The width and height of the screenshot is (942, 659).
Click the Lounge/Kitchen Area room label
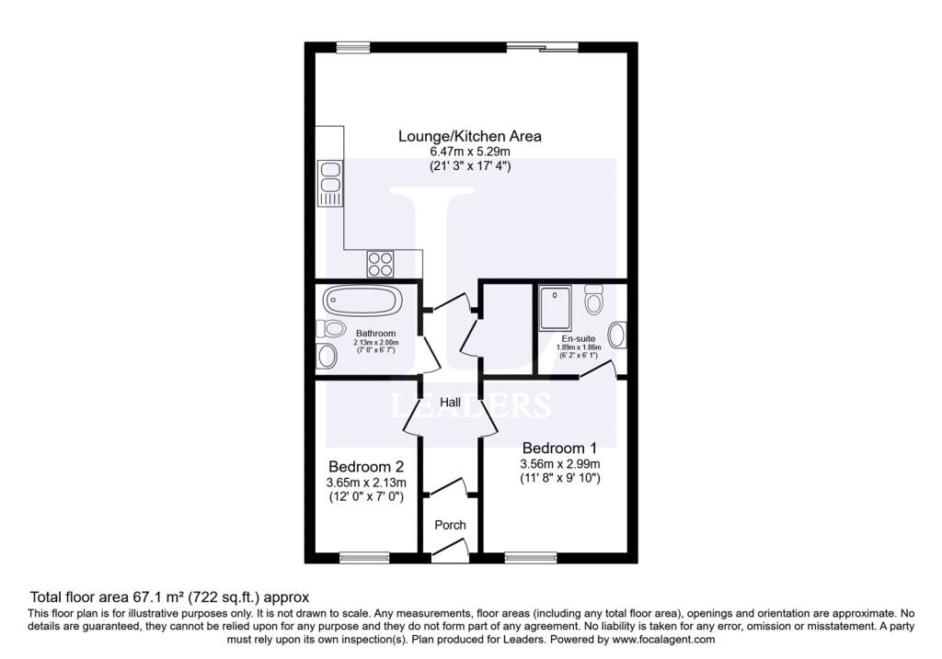(x=470, y=136)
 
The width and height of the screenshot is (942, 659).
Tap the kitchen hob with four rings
(x=380, y=264)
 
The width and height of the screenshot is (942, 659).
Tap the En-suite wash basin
(x=617, y=335)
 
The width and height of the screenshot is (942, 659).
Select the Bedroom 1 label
(x=559, y=448)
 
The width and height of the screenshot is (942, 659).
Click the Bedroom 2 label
(x=366, y=466)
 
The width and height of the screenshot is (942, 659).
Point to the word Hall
(x=450, y=403)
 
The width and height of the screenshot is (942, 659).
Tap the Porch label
(x=450, y=525)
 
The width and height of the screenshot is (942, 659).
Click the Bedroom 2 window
(x=364, y=558)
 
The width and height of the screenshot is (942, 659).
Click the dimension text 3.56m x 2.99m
(x=560, y=464)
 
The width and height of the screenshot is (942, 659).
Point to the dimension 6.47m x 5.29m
(x=470, y=152)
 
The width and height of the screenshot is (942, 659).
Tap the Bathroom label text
(x=376, y=333)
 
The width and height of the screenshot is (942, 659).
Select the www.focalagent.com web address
(x=664, y=639)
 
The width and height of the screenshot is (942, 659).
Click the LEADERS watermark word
(x=470, y=405)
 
